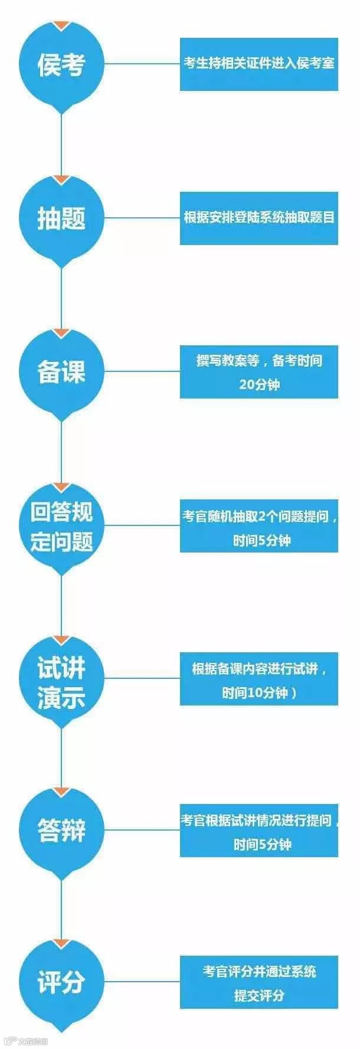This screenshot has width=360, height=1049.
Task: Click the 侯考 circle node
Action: pyautogui.click(x=61, y=64)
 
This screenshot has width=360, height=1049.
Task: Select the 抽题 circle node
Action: pyautogui.click(x=61, y=218)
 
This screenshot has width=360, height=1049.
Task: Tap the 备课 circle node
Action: pyautogui.click(x=61, y=371)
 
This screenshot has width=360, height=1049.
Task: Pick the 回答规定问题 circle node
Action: pyautogui.click(x=61, y=527)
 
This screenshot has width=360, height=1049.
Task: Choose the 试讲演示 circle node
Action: pyautogui.click(x=61, y=680)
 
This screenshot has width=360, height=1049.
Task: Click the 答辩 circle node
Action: pyautogui.click(x=61, y=831)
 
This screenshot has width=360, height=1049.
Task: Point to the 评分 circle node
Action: pyautogui.click(x=61, y=983)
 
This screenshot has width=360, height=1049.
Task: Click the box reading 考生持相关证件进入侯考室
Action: pyautogui.click(x=258, y=64)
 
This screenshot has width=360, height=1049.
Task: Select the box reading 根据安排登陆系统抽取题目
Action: pyautogui.click(x=258, y=218)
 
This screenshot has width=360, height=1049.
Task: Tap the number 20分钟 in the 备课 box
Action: pyautogui.click(x=259, y=384)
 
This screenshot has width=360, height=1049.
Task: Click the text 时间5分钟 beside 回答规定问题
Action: pyautogui.click(x=261, y=540)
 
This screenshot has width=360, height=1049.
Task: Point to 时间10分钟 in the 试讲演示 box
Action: pyautogui.click(x=258, y=692)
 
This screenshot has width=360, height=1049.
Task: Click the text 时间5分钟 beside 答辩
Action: pyautogui.click(x=262, y=845)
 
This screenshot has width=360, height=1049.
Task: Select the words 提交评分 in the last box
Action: pyautogui.click(x=259, y=996)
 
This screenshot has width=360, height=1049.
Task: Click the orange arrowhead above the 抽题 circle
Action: pyautogui.click(x=61, y=179)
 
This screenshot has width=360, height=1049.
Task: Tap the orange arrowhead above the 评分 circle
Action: pyautogui.click(x=61, y=943)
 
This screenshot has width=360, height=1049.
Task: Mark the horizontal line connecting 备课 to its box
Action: pyautogui.click(x=142, y=371)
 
